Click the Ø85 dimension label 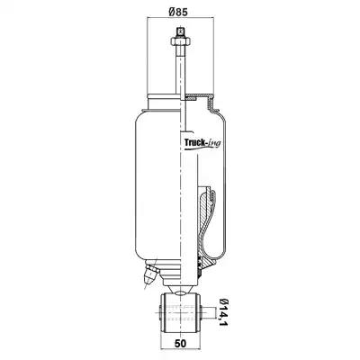tap(178, 12)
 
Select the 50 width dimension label tap(180, 343)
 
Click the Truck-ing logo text tap(202, 143)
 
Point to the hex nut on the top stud tap(180, 40)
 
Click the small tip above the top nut tap(180, 31)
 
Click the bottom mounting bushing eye tap(181, 313)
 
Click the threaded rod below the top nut tap(180, 69)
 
